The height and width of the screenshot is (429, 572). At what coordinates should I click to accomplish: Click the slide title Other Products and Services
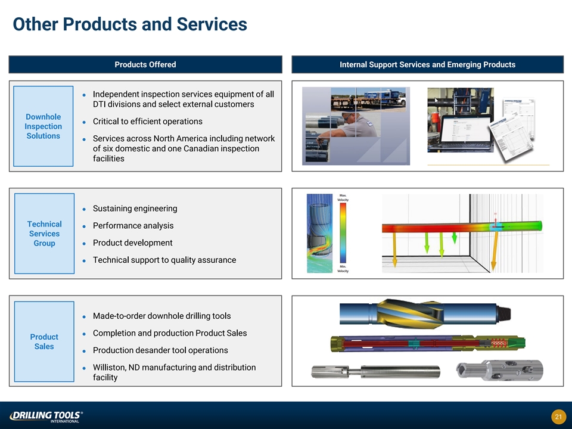(130, 24)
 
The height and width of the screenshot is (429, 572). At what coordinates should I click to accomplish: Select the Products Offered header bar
(145, 64)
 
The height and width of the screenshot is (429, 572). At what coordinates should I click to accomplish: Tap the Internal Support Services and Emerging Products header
(427, 64)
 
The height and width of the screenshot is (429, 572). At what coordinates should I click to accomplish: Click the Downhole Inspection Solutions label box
(43, 126)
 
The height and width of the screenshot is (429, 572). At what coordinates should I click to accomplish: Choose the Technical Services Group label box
(44, 234)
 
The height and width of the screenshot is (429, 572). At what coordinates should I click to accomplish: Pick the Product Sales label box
(44, 341)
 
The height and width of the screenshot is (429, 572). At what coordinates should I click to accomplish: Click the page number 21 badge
(558, 416)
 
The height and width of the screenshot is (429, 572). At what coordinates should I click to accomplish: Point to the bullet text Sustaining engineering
(135, 209)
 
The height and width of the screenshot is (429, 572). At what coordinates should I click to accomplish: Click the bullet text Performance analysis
(133, 226)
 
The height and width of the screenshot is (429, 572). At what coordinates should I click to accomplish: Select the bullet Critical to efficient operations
(147, 122)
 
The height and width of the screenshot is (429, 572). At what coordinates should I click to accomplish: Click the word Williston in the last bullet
(111, 367)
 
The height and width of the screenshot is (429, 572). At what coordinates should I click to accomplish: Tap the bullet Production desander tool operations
(160, 350)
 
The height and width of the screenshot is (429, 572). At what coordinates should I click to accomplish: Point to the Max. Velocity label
(344, 197)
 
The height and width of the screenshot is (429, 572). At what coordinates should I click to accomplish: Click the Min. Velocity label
(344, 269)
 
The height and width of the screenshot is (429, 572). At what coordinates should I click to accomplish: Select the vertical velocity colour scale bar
(343, 233)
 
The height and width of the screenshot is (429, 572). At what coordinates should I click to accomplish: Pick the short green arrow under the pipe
(455, 238)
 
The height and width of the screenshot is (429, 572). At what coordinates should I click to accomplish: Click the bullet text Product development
(132, 243)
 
